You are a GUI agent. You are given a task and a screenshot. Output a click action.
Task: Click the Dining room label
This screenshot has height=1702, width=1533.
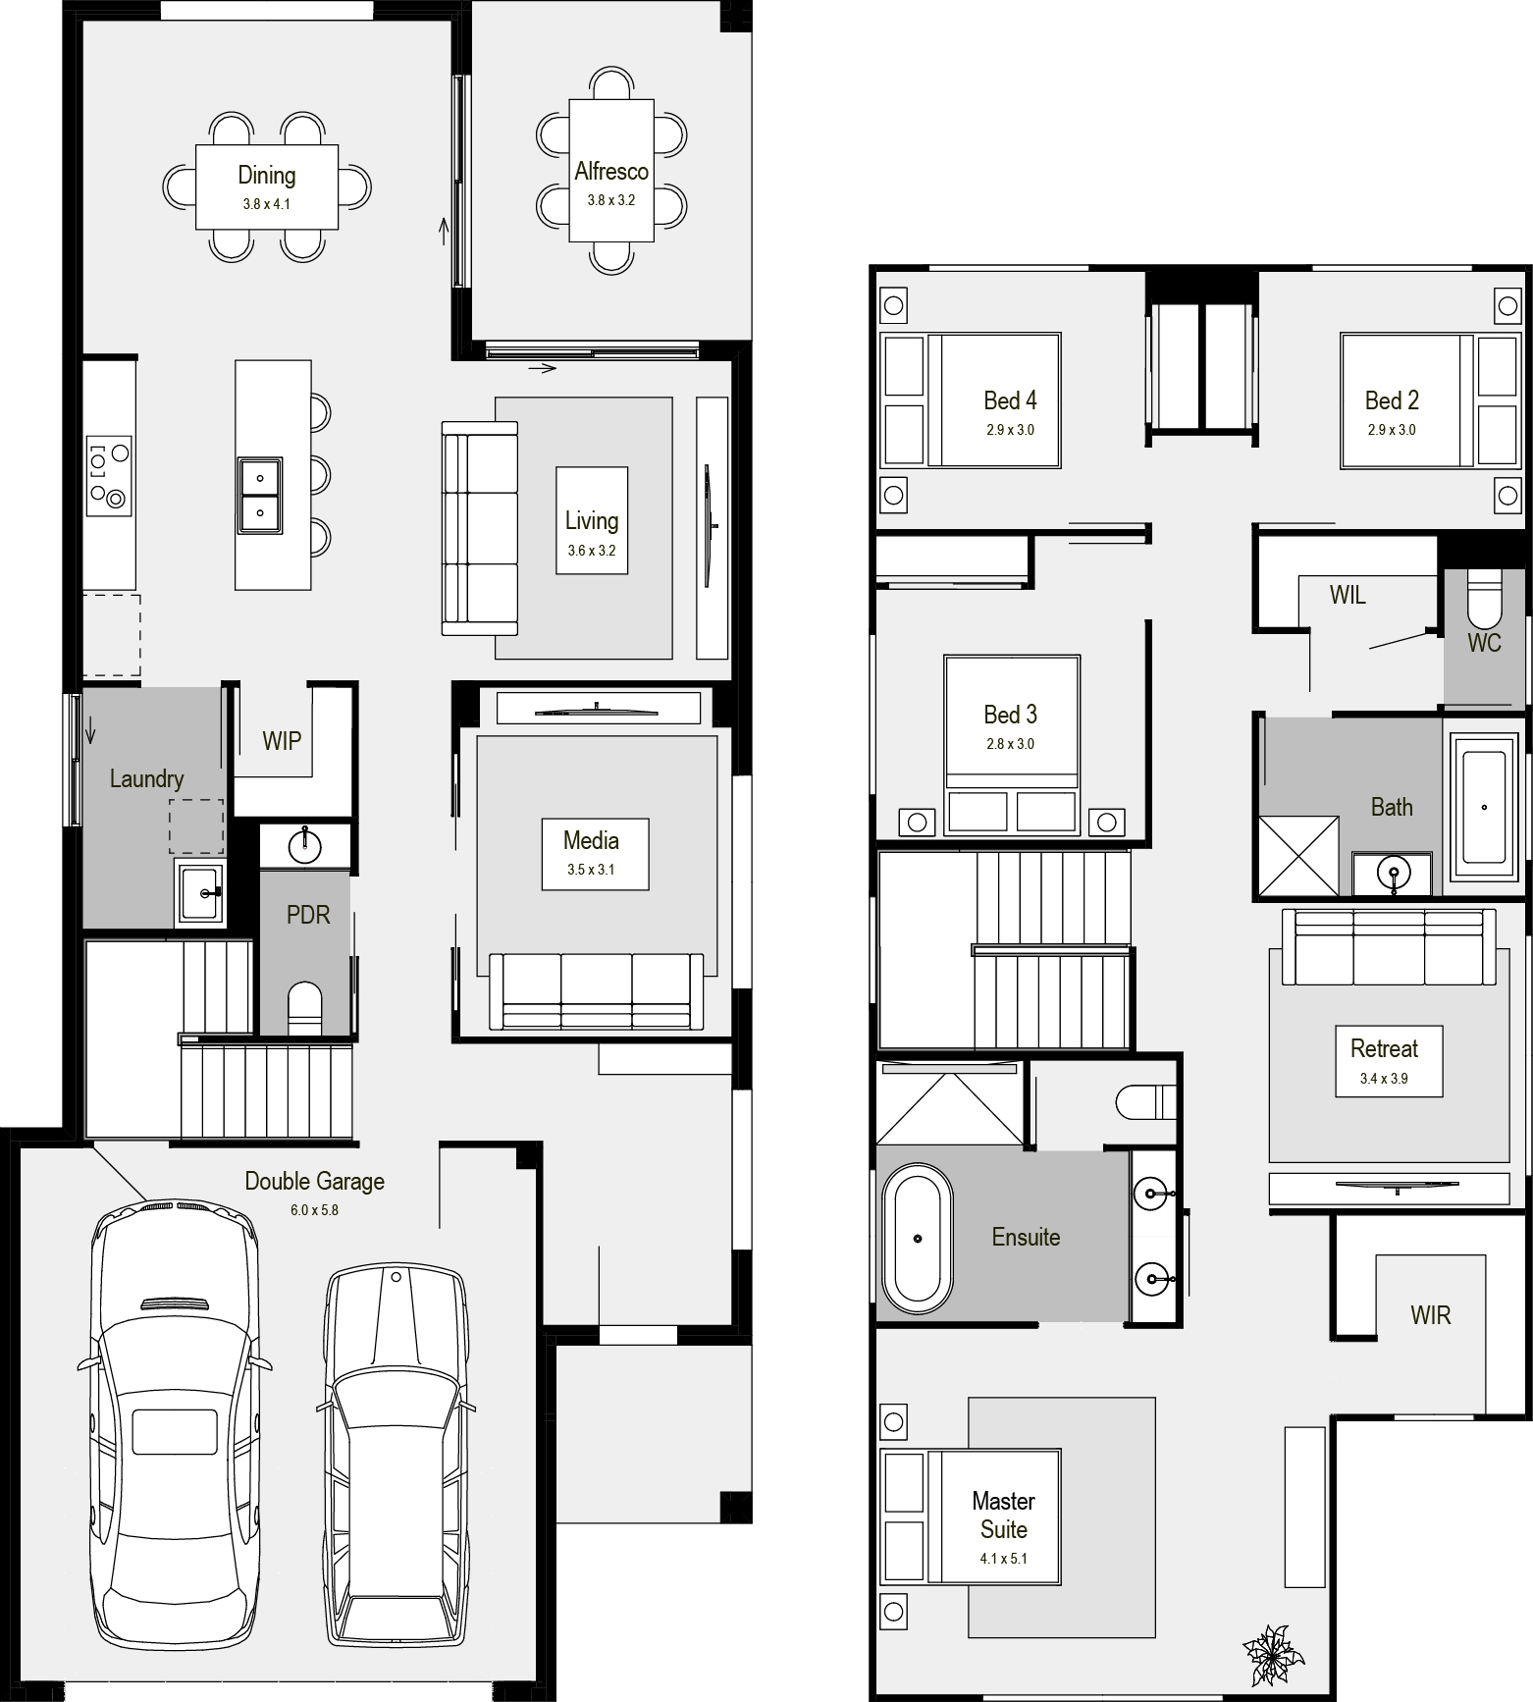click(267, 176)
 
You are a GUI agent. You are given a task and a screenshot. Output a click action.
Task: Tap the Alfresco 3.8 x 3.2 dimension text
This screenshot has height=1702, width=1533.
click(611, 200)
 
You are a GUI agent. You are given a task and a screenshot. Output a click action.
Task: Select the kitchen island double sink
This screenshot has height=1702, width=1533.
click(260, 495)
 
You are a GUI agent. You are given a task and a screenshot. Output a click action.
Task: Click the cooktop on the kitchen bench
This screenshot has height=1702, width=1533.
click(109, 474)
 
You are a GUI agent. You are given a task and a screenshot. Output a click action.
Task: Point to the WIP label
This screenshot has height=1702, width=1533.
click(282, 741)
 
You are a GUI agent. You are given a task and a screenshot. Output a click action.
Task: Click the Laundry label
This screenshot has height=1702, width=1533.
click(146, 779)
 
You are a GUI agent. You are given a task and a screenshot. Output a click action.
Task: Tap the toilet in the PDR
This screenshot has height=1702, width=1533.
click(304, 1008)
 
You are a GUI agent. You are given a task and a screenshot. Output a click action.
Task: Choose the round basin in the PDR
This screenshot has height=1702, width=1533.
click(305, 844)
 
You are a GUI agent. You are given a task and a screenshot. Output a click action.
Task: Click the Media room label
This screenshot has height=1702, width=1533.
click(591, 840)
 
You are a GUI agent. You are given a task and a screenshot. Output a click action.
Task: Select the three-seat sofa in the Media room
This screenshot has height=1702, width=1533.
click(597, 991)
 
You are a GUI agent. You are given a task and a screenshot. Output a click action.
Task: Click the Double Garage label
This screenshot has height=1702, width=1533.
click(314, 1181)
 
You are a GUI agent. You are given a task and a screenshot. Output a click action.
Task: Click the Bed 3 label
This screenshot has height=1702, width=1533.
click(1011, 715)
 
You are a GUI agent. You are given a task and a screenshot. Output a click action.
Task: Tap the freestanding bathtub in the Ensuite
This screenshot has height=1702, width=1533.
click(918, 1239)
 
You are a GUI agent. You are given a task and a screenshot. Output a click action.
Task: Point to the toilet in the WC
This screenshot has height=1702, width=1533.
click(1484, 599)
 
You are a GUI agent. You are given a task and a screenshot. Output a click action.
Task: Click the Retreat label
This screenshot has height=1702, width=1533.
click(1384, 1048)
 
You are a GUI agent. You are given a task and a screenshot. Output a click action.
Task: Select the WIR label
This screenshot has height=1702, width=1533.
click(1430, 1315)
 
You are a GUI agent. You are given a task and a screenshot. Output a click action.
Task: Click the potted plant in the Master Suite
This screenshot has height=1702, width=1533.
click(1273, 1655)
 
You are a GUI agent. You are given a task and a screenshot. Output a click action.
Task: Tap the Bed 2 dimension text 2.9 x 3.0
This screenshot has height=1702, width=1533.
click(1392, 430)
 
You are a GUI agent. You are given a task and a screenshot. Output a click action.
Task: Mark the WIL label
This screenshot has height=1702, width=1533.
click(1348, 595)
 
